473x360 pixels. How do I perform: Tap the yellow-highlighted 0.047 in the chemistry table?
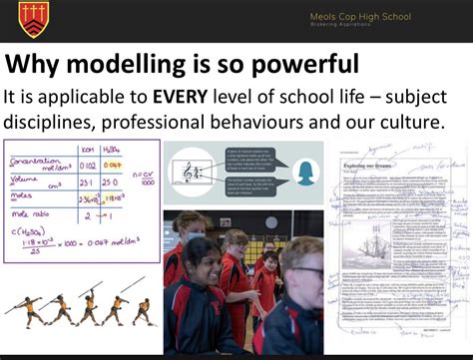tap(114, 165)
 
